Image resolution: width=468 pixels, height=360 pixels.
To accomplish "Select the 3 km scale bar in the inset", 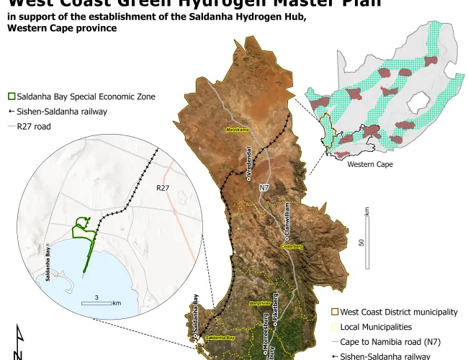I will (96, 302).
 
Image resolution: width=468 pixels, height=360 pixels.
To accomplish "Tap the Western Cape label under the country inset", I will (370, 165).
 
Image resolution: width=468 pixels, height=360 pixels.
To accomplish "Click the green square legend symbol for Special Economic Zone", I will (11, 96).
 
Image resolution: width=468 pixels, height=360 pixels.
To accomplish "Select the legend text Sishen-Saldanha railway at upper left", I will (62, 112).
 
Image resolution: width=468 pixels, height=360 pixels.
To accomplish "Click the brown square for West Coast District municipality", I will (335, 312).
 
